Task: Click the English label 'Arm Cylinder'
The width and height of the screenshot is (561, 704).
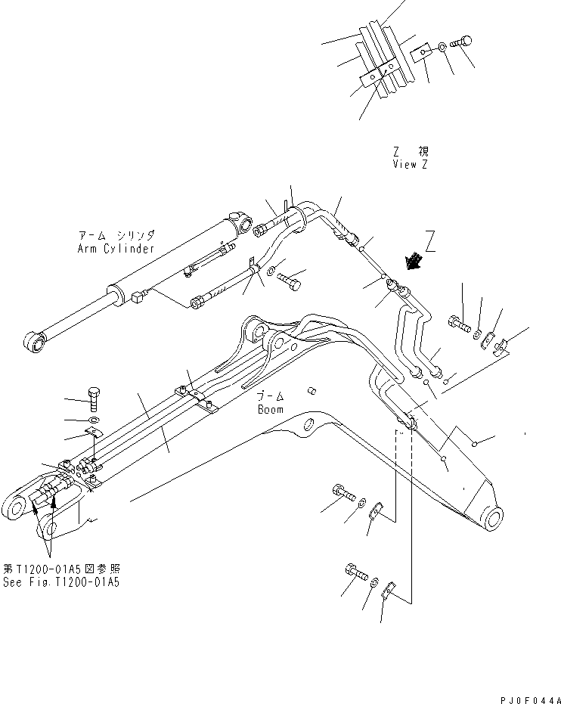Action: (x=116, y=249)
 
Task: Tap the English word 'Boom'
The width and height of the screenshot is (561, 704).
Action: (x=270, y=409)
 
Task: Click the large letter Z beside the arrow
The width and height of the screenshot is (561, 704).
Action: (x=430, y=241)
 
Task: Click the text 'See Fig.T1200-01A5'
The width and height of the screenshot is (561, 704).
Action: (x=60, y=582)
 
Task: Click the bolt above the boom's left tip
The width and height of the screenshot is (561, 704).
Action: (x=93, y=396)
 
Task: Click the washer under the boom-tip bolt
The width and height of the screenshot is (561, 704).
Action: (x=92, y=420)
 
